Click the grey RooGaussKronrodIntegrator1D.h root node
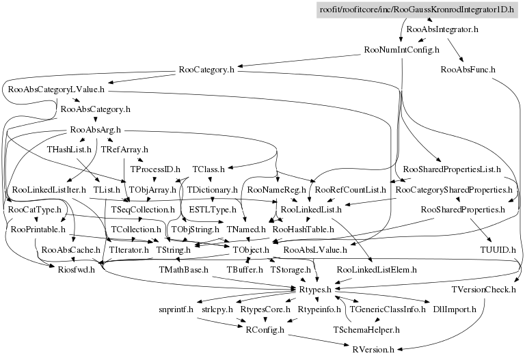tap(418, 10)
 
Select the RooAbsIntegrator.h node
tap(442, 30)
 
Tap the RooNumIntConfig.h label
tap(402, 50)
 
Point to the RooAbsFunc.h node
tap(468, 70)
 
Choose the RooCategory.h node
tap(206, 70)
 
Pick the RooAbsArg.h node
tap(96, 129)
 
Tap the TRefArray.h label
tap(124, 149)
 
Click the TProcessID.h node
tap(154, 169)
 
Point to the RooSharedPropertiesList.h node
tap(453, 169)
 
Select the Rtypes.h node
tap(315, 290)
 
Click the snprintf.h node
tap(176, 309)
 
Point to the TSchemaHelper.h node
tap(366, 329)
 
